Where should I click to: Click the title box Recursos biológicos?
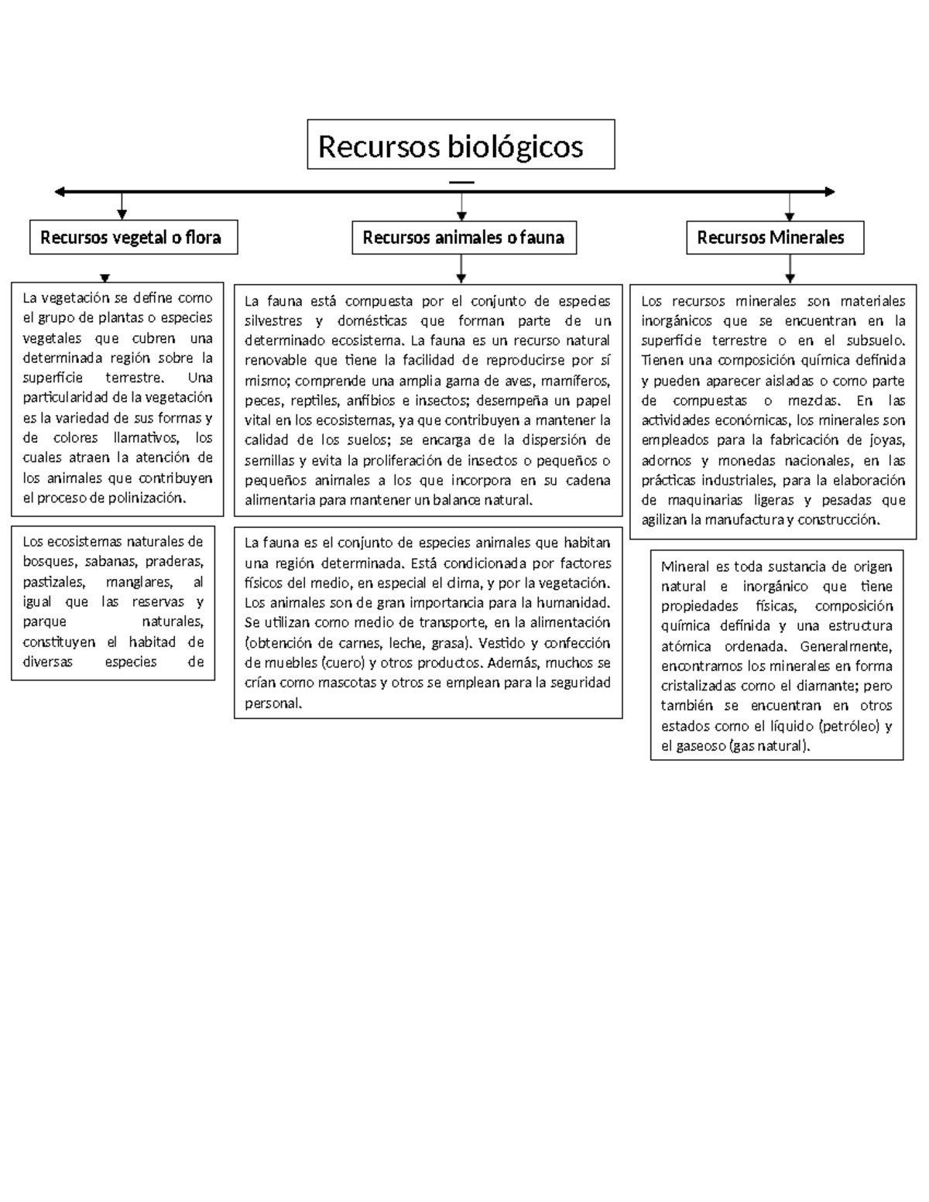tap(461, 145)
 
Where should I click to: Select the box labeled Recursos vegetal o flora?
tap(133, 238)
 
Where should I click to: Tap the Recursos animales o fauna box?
tap(464, 238)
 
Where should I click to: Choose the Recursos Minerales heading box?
tap(774, 238)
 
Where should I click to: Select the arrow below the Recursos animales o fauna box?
tap(461, 268)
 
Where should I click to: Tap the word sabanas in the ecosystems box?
tap(110, 562)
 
